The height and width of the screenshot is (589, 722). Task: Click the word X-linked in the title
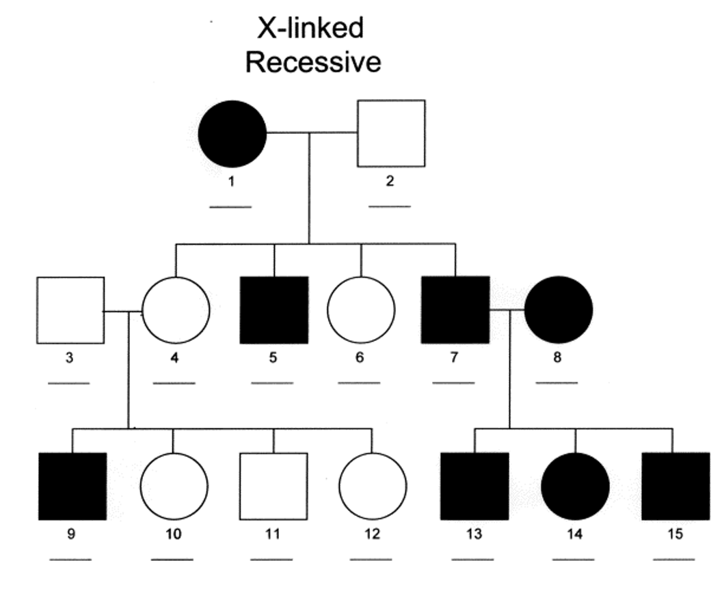[x=310, y=29]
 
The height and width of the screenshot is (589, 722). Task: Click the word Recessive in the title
[x=312, y=62]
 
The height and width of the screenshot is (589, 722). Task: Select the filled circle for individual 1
[x=232, y=133]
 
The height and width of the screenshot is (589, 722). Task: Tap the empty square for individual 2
[x=391, y=133]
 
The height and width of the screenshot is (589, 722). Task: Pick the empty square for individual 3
[x=70, y=310]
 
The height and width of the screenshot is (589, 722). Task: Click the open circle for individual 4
[x=176, y=310]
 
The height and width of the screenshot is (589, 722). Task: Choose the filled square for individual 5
[x=274, y=310]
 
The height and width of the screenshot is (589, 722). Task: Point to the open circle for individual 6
[x=361, y=310]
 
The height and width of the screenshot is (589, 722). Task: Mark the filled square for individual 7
[x=455, y=310]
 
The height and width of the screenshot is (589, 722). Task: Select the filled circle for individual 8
[x=559, y=310]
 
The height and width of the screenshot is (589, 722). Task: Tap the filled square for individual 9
[x=72, y=486]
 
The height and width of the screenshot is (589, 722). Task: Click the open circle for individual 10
[x=174, y=486]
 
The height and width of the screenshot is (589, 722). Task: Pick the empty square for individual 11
[x=273, y=486]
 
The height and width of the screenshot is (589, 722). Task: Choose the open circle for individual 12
[x=373, y=486]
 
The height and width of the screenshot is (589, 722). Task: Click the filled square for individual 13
[x=474, y=486]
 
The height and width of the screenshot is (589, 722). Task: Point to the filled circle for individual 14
[x=575, y=486]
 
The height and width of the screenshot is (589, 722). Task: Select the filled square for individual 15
[x=675, y=486]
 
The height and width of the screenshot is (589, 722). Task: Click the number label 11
[x=272, y=534]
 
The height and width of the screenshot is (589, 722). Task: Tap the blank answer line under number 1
[x=230, y=206]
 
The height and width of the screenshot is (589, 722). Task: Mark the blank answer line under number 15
[x=674, y=560]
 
